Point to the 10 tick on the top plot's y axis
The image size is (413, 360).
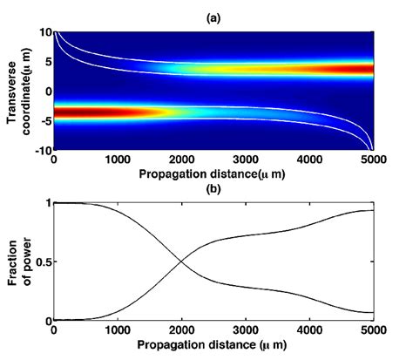[x=44, y=31]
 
